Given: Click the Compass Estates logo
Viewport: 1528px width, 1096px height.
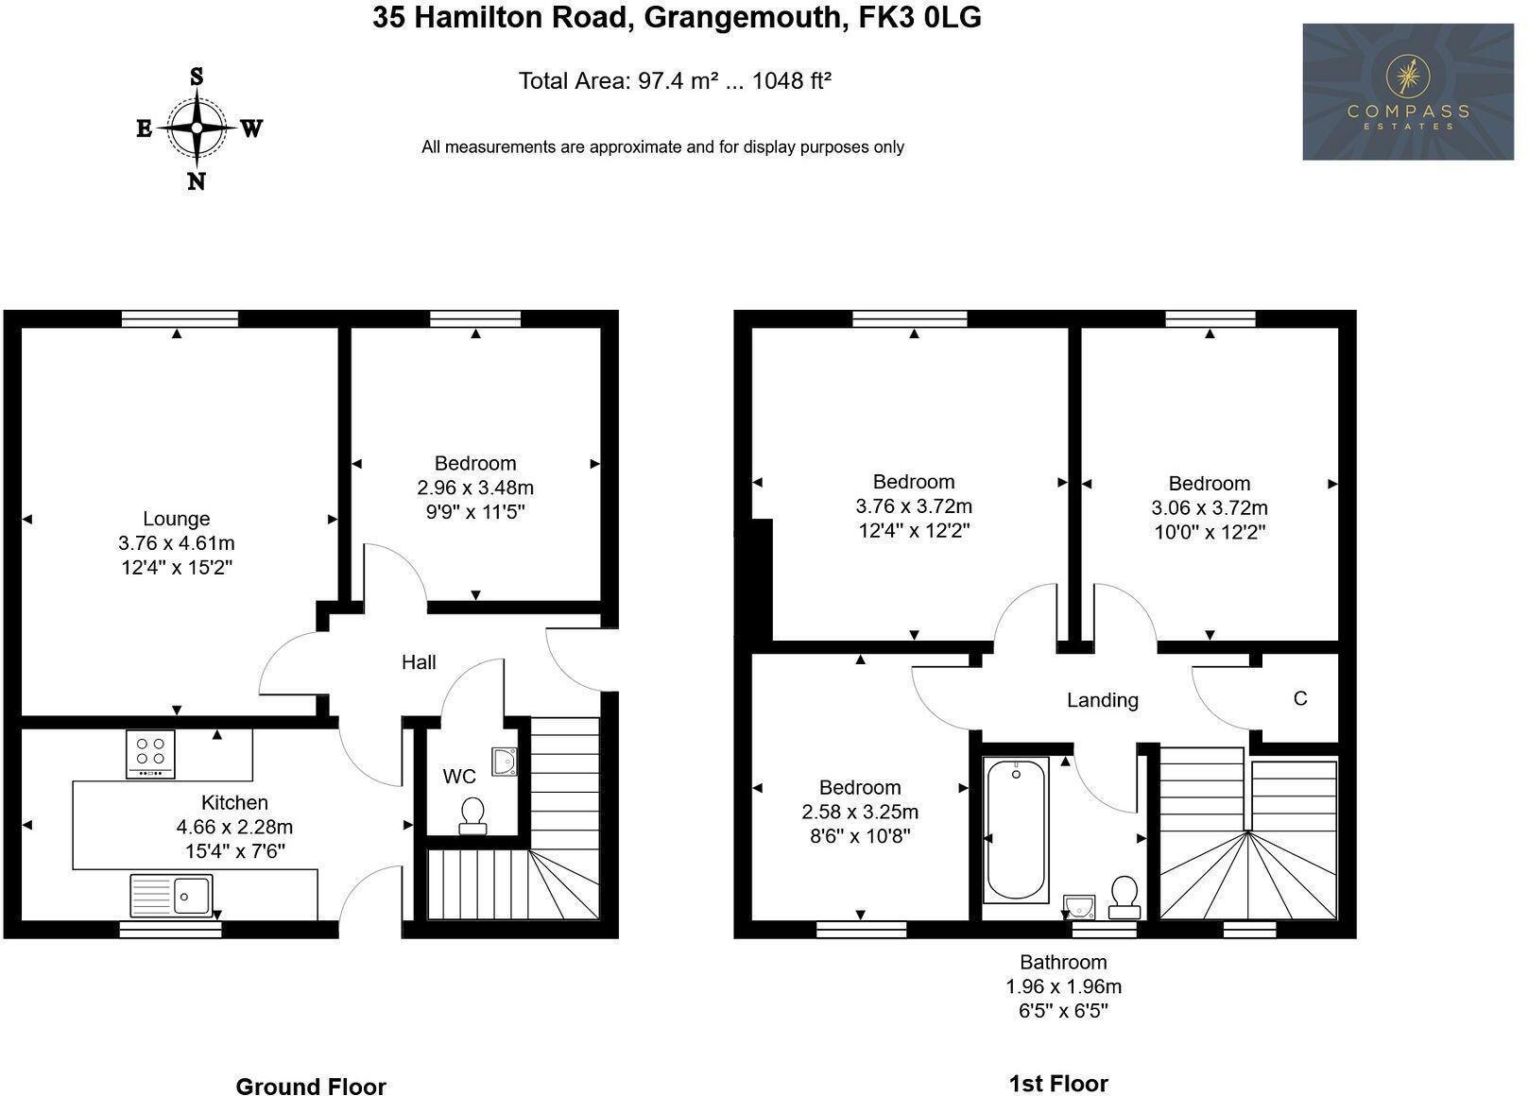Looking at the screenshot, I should (x=1407, y=92).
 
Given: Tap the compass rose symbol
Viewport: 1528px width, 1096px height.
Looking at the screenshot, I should (x=197, y=128).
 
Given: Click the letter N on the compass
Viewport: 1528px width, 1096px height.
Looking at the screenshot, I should (x=196, y=181).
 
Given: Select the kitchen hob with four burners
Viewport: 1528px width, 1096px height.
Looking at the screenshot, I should (x=150, y=754).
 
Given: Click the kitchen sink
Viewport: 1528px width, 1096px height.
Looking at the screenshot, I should (x=172, y=895).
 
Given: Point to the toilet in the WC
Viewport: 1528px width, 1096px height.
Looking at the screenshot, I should (x=472, y=816).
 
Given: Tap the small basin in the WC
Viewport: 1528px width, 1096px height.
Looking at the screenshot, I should (x=505, y=761).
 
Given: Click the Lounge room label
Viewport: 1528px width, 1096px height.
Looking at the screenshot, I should (x=176, y=519).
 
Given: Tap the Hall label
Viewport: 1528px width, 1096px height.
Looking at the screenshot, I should (x=419, y=662).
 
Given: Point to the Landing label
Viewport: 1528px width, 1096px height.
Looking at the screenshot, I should (x=1102, y=700).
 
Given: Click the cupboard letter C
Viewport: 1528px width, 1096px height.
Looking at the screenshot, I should (x=1300, y=698).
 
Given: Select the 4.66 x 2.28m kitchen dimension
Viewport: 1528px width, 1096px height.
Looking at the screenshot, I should (x=234, y=827).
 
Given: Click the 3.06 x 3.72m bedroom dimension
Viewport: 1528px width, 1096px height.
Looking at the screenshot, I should (x=1210, y=507).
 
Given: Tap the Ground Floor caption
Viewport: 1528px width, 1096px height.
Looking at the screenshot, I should (x=311, y=1087).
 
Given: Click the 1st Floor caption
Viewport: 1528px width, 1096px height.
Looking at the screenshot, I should (x=1058, y=1084).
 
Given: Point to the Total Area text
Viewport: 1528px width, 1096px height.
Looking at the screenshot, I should (x=675, y=81).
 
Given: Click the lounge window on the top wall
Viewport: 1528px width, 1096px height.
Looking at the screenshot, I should (x=180, y=319).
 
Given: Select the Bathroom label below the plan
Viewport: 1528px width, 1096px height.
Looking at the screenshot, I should (x=1063, y=962).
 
